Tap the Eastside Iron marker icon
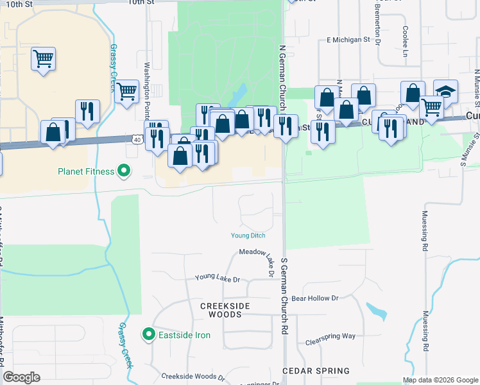[149, 334]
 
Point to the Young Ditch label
[248, 235]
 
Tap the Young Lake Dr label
[217, 279]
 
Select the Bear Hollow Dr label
[314, 298]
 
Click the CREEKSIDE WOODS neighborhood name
[221, 310]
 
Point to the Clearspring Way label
[330, 336]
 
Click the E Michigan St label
[348, 40]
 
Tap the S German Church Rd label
[283, 295]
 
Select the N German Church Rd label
[282, 71]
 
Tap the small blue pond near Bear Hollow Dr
[377, 312]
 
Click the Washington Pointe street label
[147, 90]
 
